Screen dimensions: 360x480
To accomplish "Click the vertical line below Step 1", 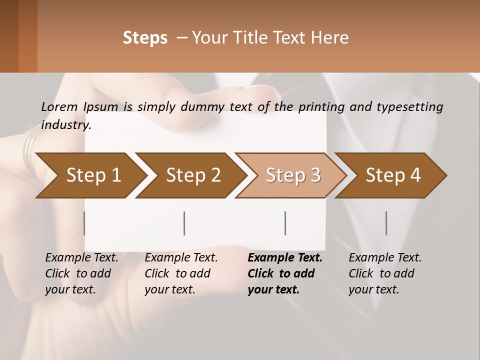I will [84, 223].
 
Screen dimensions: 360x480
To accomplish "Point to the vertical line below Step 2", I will [184, 223].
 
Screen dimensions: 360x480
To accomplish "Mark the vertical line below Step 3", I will [285, 223].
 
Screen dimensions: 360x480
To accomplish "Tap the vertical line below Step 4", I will [386, 223].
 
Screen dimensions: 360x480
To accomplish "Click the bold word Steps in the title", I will [145, 38].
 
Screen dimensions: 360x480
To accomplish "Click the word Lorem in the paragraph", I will [59, 107].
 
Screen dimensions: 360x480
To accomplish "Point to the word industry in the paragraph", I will [66, 125].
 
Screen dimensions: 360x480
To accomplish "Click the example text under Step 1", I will [81, 273].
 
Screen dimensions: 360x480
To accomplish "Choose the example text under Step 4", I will [384, 273].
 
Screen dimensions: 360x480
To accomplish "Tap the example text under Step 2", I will [180, 273].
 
